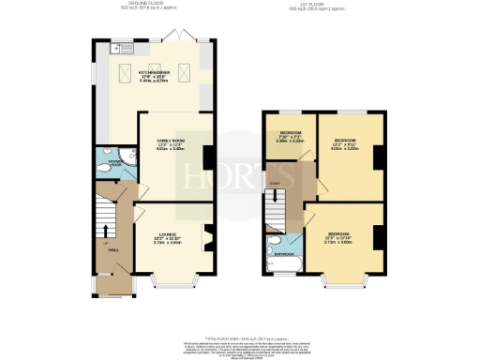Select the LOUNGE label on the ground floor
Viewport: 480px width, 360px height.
(x=167, y=237)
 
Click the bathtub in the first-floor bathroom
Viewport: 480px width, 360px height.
(x=278, y=268)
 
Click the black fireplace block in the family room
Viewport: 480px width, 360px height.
(x=206, y=156)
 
